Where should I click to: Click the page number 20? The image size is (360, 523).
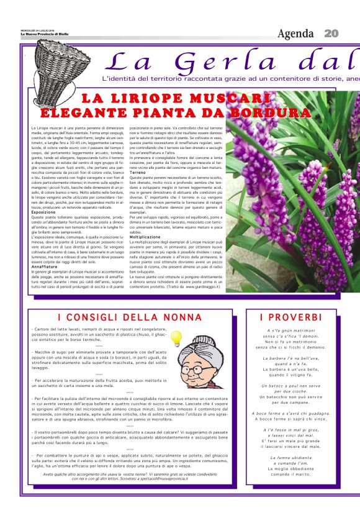coord(331,33)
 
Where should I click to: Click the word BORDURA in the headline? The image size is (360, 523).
coord(270,113)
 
